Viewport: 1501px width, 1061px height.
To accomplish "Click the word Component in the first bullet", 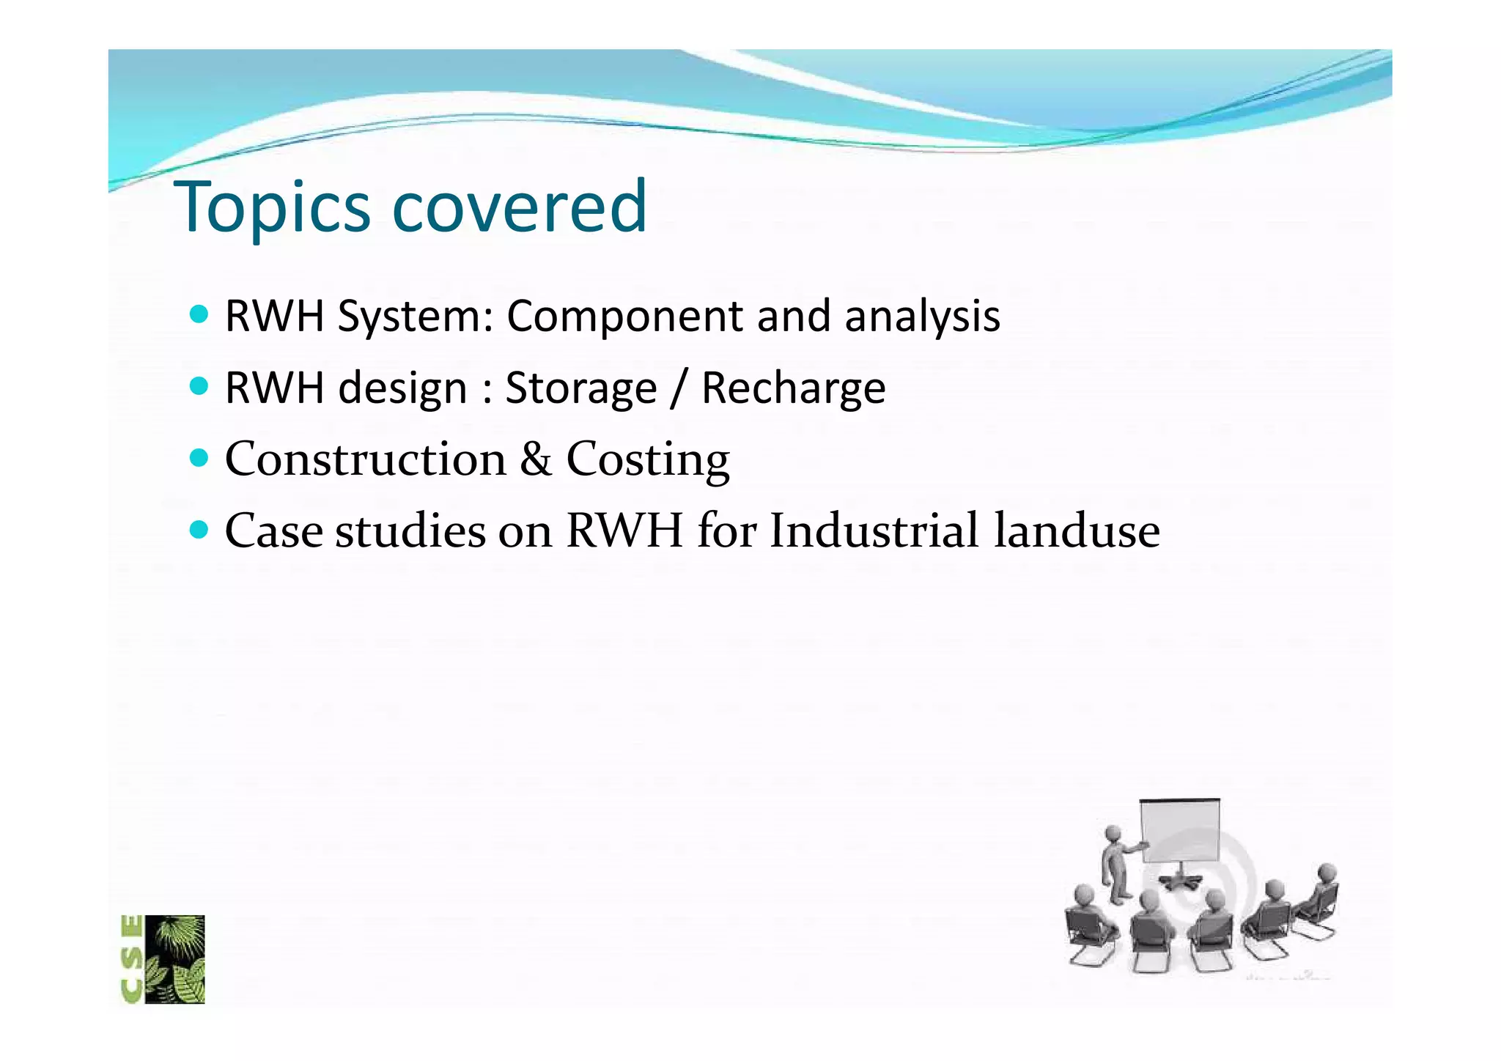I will (624, 317).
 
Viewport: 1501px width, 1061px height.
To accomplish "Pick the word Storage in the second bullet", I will (580, 388).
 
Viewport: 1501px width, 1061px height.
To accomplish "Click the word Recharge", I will (793, 388).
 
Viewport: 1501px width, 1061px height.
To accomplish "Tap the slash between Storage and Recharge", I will (679, 388).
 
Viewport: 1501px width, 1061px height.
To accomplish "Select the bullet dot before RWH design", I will (199, 386).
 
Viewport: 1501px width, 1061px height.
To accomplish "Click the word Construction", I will (365, 459).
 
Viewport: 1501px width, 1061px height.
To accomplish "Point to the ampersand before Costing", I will (536, 459).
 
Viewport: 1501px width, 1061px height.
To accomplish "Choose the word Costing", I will (648, 459).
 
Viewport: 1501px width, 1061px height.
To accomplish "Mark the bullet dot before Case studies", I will (199, 529).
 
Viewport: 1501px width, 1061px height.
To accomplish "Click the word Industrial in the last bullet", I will (874, 530).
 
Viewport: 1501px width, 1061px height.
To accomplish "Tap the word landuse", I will (1077, 530).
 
